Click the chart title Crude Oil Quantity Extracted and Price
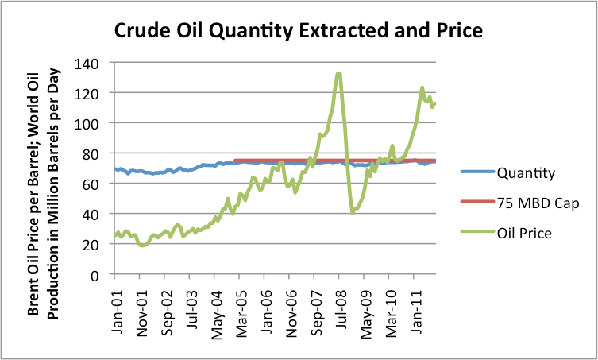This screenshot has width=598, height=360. coord(299,31)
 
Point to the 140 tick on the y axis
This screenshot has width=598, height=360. coord(91,63)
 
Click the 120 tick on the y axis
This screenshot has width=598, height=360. coord(91,93)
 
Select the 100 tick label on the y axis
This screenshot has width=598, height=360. coord(91,123)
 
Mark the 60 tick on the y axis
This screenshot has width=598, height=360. coord(95,184)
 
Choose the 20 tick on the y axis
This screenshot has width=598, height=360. coord(95,244)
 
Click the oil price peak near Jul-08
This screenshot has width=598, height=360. coord(339,73)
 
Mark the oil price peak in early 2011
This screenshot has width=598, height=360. coord(422,88)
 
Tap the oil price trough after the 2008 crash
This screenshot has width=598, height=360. coord(353,213)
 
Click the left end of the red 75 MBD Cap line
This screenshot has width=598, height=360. coord(236,161)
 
